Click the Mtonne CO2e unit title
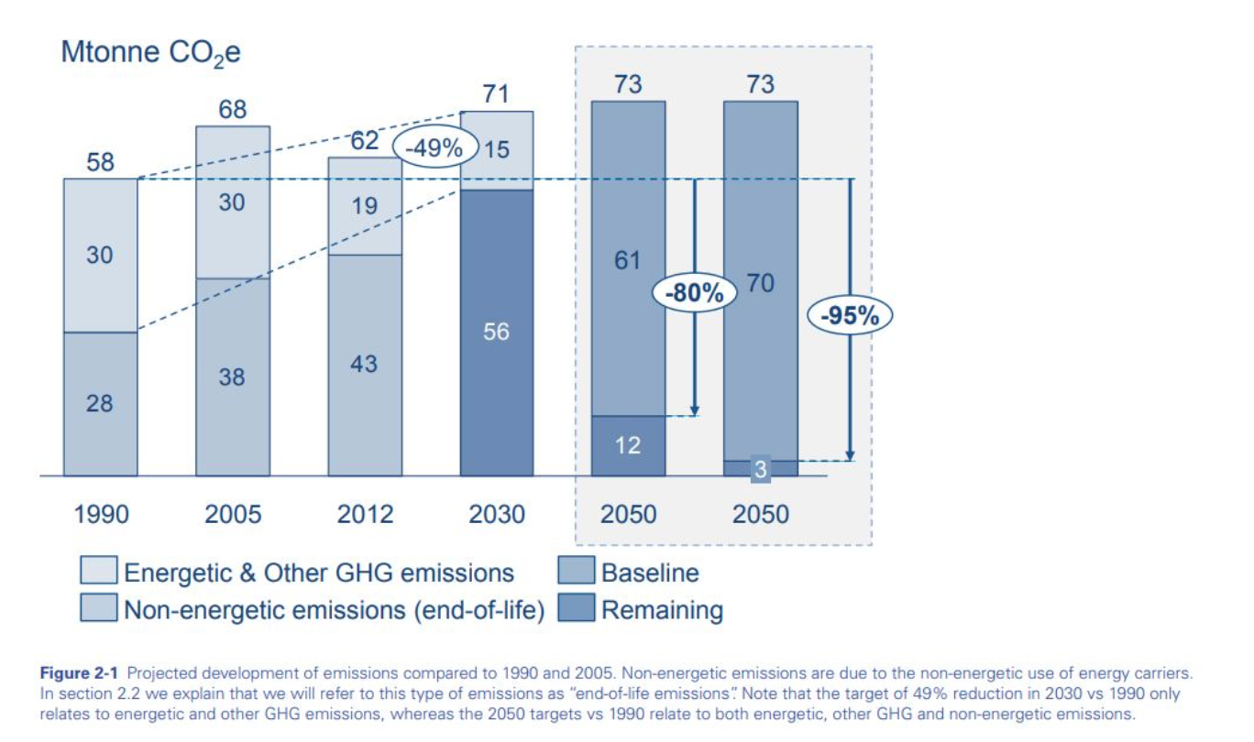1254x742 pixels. pyautogui.click(x=150, y=53)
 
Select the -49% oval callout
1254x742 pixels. pyautogui.click(x=436, y=148)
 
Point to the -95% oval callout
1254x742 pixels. pyautogui.click(x=849, y=316)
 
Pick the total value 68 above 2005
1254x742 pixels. pyautogui.click(x=233, y=110)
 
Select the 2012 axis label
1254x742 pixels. pyautogui.click(x=365, y=514)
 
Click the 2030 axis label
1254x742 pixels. pyautogui.click(x=497, y=514)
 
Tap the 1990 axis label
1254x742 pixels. pyautogui.click(x=101, y=514)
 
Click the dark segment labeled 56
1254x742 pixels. pyautogui.click(x=497, y=333)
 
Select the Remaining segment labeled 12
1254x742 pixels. pyautogui.click(x=629, y=446)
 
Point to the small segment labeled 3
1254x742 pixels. pyautogui.click(x=761, y=469)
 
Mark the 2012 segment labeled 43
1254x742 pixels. pyautogui.click(x=365, y=365)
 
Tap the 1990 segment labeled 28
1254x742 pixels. pyautogui.click(x=100, y=404)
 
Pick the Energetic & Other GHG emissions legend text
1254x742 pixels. pyautogui.click(x=319, y=573)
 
